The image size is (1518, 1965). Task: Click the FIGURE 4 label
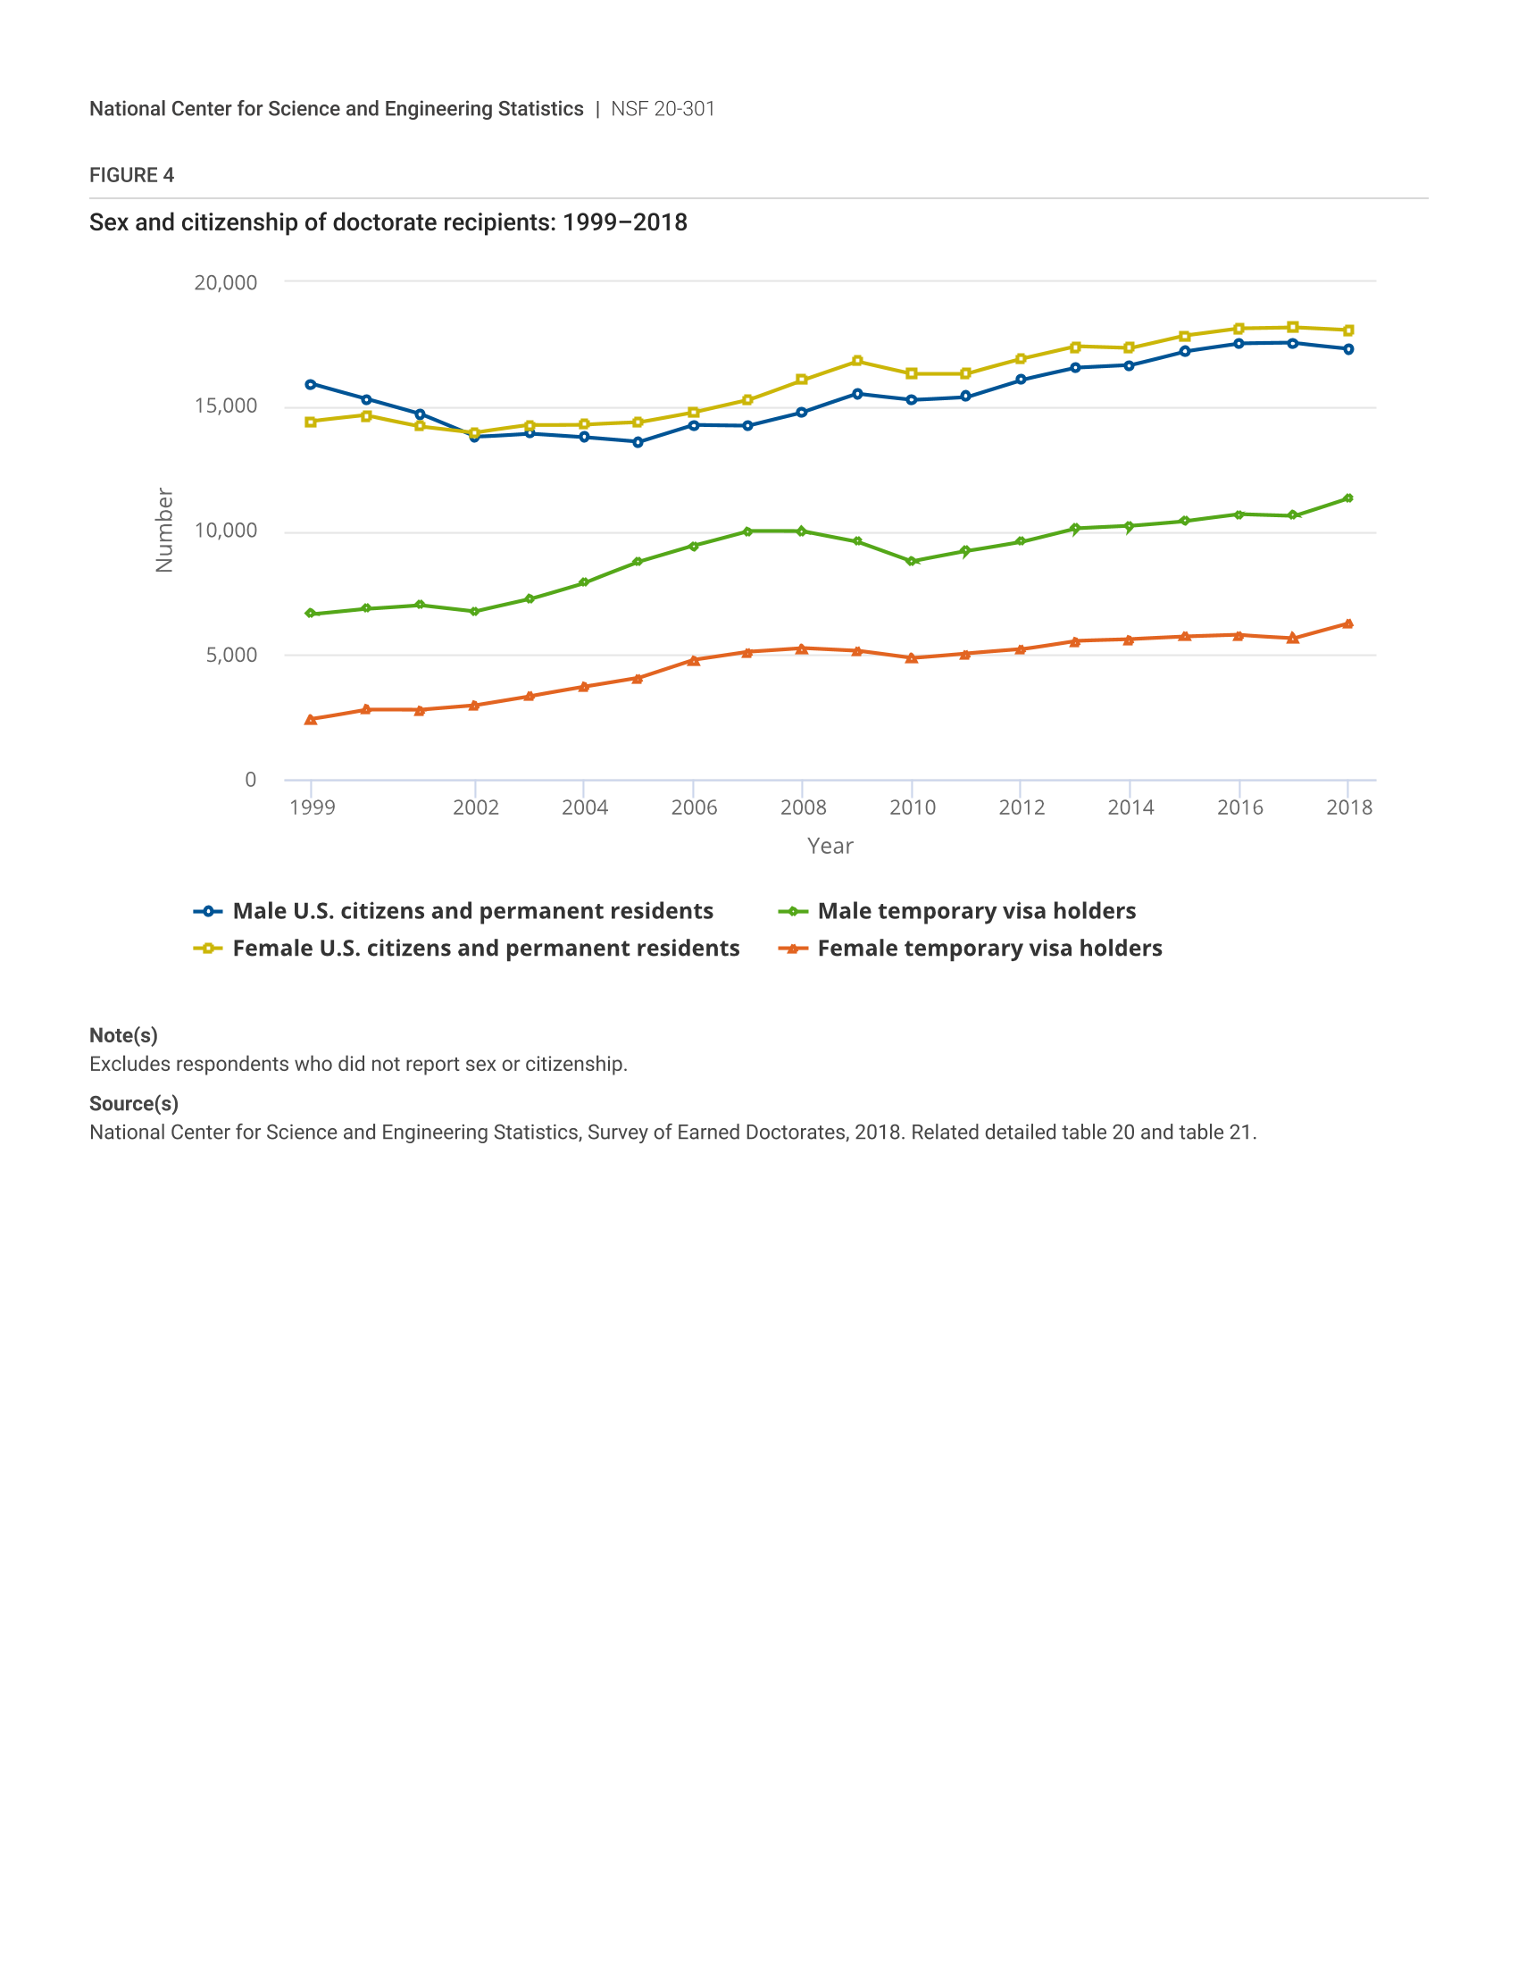[131, 175]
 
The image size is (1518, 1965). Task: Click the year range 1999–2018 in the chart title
[624, 222]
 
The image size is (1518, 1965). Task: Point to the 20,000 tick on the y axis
[226, 282]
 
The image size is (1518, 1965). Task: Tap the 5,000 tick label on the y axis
[231, 655]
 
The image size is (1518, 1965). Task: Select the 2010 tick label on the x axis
[912, 807]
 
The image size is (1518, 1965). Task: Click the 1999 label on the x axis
[312, 807]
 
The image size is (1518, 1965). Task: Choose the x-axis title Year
[830, 846]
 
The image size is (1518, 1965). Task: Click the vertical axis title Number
[163, 530]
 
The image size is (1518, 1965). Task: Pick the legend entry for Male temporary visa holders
[976, 910]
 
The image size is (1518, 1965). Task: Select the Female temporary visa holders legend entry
[989, 949]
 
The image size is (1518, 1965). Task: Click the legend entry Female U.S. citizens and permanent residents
[486, 949]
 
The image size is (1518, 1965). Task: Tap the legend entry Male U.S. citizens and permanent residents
[472, 910]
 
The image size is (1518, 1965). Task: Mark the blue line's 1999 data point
[310, 384]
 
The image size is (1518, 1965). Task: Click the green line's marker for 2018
[1348, 498]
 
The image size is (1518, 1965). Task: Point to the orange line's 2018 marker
[1348, 623]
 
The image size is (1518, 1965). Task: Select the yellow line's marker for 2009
[857, 361]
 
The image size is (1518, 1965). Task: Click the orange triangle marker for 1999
[310, 720]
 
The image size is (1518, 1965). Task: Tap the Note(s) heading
[123, 1035]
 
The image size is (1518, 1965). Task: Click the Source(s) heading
[133, 1104]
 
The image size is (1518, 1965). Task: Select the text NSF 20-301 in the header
[663, 109]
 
